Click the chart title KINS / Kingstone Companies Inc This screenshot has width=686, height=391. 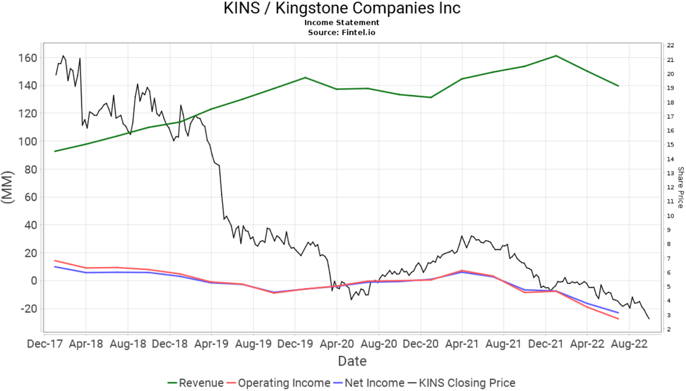tap(342, 8)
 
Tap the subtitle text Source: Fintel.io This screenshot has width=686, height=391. tap(342, 33)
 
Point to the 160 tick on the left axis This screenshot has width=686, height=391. tap(28, 58)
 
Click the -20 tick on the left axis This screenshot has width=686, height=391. tap(28, 309)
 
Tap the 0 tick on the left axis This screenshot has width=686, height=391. tap(33, 281)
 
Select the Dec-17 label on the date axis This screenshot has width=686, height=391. tap(45, 344)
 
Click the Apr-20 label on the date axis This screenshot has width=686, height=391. tap(337, 344)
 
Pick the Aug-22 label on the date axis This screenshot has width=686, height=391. tap(629, 344)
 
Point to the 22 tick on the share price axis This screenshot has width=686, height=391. tap(671, 45)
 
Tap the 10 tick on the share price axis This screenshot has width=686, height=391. tap(671, 216)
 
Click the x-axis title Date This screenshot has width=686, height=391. tap(352, 361)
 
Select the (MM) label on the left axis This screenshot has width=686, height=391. tap(8, 187)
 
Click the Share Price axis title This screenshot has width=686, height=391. tap(680, 188)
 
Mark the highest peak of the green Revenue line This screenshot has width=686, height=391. tap(556, 56)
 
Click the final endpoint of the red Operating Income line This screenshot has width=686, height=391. tap(618, 319)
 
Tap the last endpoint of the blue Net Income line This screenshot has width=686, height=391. tap(618, 313)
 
